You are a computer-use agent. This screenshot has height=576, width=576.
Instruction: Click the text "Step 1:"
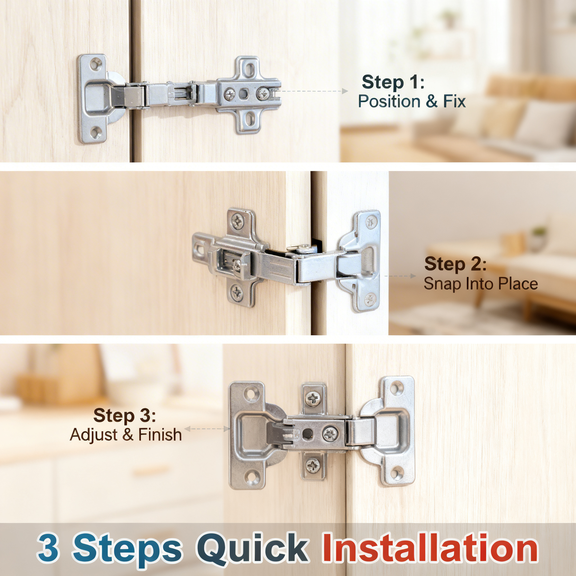(393, 82)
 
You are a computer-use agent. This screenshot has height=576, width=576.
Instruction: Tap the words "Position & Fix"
(412, 101)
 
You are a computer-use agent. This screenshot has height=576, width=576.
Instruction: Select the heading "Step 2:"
(455, 264)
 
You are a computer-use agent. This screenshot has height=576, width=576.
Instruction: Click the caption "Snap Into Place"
(481, 283)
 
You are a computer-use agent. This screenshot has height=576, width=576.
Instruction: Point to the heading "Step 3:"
(124, 415)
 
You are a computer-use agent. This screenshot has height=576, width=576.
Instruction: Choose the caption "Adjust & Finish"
(126, 435)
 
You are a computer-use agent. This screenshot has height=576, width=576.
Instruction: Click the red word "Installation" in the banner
(430, 548)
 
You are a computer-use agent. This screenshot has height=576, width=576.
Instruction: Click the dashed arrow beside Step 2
(400, 276)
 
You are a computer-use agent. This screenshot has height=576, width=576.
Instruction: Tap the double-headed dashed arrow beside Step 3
(207, 429)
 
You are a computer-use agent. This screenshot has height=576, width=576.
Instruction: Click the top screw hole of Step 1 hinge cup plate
(95, 64)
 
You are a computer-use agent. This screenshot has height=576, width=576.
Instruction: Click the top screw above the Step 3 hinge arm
(313, 398)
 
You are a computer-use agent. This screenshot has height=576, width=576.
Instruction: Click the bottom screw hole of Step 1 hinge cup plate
(95, 132)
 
